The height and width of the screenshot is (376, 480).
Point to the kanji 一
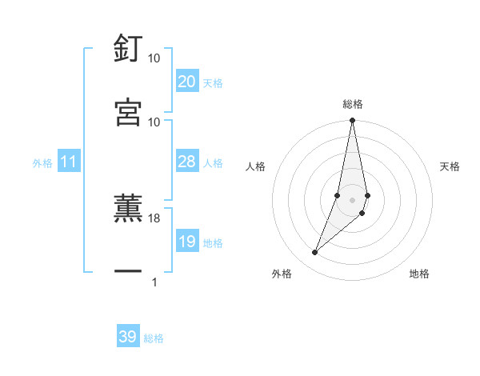pyautogui.click(x=128, y=273)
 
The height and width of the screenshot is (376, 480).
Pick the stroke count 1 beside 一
pyautogui.click(x=154, y=282)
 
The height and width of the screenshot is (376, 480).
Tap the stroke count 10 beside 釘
pyautogui.click(x=154, y=58)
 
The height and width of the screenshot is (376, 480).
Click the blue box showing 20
pyautogui.click(x=186, y=82)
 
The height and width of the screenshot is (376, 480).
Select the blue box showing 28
pyautogui.click(x=186, y=162)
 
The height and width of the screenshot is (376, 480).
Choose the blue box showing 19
pyautogui.click(x=186, y=242)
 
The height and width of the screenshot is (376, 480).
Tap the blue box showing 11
pyautogui.click(x=69, y=162)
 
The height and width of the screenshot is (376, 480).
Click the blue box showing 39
pyautogui.click(x=127, y=337)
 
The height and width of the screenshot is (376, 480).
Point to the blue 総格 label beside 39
pyautogui.click(x=154, y=338)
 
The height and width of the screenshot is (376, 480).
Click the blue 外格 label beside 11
pyautogui.click(x=42, y=163)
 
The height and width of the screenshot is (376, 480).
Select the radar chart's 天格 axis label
pyautogui.click(x=450, y=166)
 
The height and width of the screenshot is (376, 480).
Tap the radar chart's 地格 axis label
pyautogui.click(x=419, y=274)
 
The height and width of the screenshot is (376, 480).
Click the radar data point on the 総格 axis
pyautogui.click(x=352, y=121)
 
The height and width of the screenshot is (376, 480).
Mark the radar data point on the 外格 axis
pyautogui.click(x=315, y=253)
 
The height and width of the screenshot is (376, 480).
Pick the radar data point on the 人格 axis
pyautogui.click(x=338, y=195)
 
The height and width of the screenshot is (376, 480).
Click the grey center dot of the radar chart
pyautogui.click(x=352, y=200)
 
